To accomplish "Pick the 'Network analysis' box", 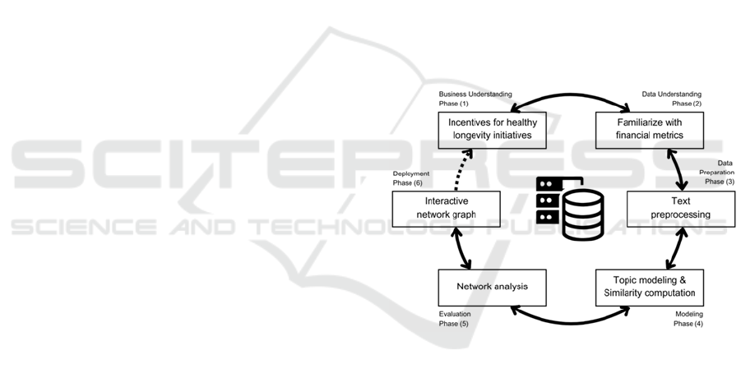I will tap(492, 287).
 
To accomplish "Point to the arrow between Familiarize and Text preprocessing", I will tap(680, 171).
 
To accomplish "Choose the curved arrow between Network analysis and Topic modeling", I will tap(570, 319).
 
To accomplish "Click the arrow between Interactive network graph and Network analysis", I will tap(463, 249).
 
